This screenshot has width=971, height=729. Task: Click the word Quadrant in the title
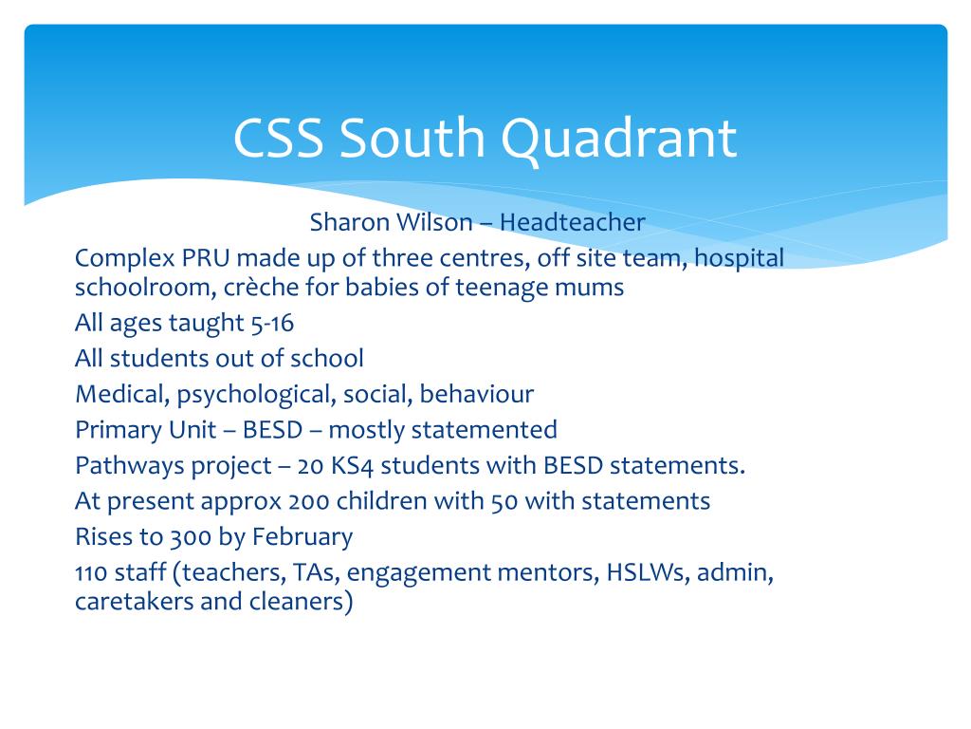618,139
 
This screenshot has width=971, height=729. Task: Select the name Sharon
344,223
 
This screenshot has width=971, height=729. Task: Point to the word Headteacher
573,223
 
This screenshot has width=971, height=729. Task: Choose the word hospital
740,258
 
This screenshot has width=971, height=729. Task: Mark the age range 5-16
272,324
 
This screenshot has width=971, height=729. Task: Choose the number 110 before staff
89,573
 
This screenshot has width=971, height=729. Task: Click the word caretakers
134,603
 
